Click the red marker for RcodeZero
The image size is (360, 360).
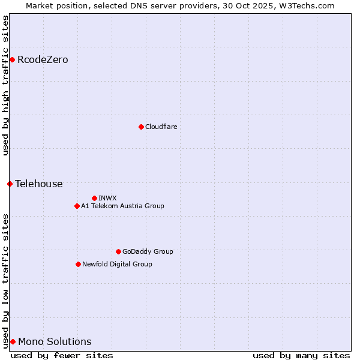12,59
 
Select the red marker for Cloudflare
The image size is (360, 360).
141,127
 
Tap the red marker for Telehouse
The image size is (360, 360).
10,184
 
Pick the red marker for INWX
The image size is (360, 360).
94,198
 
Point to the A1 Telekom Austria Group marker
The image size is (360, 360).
77,206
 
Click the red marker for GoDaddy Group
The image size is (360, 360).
118,251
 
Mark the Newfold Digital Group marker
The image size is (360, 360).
78,264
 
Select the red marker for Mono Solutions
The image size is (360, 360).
13,341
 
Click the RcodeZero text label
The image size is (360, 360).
43,59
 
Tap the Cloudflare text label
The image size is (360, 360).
161,127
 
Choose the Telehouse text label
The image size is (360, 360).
39,184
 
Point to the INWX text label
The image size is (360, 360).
107,198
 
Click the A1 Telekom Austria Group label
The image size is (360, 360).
122,206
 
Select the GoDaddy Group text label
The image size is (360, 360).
148,251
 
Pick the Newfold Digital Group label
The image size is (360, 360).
117,264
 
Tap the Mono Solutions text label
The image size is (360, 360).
55,341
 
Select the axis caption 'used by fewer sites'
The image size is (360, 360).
62,355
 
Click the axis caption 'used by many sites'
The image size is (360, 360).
301,355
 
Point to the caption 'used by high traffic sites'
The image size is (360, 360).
5,85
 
